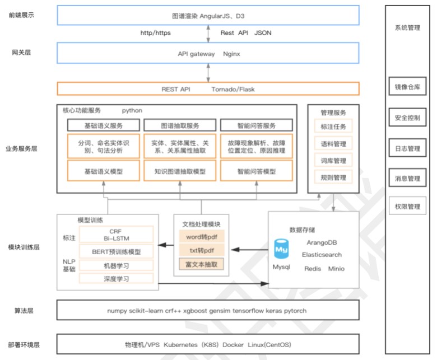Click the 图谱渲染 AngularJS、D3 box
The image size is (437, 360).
click(x=208, y=16)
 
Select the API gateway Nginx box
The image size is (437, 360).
click(x=208, y=54)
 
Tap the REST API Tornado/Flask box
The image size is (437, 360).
click(x=208, y=89)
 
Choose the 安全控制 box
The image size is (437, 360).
click(x=407, y=118)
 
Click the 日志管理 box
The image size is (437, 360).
click(x=407, y=148)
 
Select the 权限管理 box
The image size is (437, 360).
click(x=407, y=207)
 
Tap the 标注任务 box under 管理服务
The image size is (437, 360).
click(x=333, y=127)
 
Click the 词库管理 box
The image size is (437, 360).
click(x=333, y=161)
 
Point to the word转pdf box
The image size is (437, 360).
click(x=201, y=237)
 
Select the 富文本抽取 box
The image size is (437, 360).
click(x=201, y=264)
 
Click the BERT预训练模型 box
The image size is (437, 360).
click(x=117, y=251)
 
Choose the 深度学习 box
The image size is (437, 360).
click(x=117, y=278)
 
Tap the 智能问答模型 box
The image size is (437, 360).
click(x=256, y=171)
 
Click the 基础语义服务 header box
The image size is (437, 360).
click(x=103, y=125)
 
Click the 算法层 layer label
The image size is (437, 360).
click(x=22, y=310)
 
